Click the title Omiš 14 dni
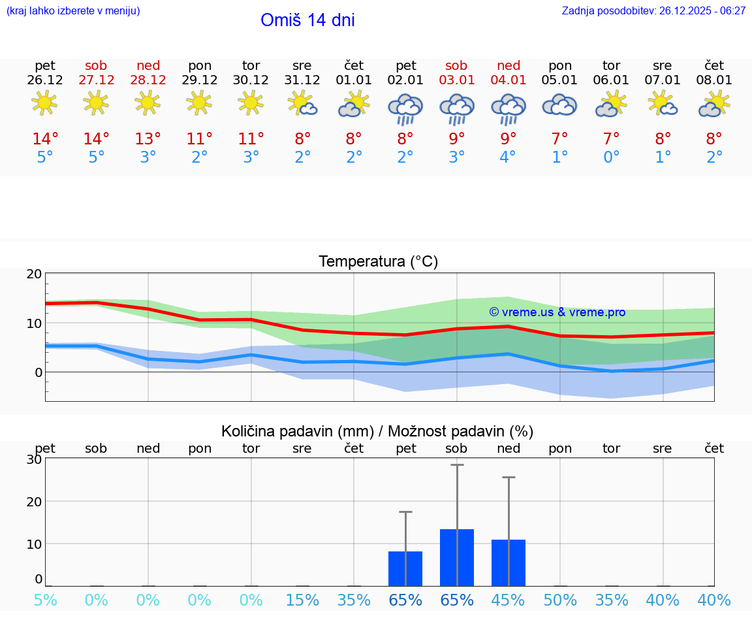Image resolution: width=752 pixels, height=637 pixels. tap(307, 20)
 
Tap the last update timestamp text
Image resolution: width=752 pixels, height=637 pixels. tap(653, 10)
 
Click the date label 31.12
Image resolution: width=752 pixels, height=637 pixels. tap(302, 80)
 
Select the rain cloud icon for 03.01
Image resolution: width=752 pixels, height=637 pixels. tap(456, 108)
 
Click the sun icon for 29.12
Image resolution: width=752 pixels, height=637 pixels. tap(199, 103)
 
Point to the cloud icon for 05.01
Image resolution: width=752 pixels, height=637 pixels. tap(559, 105)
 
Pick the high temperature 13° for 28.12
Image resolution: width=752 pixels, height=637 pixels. tap(148, 139)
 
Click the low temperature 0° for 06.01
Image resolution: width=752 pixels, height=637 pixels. tap(611, 157)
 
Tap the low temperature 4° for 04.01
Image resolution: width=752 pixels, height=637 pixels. tap(508, 157)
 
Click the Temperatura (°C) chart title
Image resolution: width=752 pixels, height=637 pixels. tap(378, 262)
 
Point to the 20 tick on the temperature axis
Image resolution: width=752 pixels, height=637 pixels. tap(34, 274)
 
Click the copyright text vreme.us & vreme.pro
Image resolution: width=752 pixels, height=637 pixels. tap(557, 312)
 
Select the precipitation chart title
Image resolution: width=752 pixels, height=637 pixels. tap(377, 431)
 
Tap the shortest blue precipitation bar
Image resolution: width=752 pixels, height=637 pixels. tap(405, 568)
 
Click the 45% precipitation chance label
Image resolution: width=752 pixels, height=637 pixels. tap(508, 600)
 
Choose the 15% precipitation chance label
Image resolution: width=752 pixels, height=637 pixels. tap(302, 600)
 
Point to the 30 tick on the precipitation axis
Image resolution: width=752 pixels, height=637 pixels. tap(34, 459)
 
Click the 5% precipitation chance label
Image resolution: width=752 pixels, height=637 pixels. tap(45, 600)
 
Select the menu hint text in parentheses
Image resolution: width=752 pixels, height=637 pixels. tap(73, 10)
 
